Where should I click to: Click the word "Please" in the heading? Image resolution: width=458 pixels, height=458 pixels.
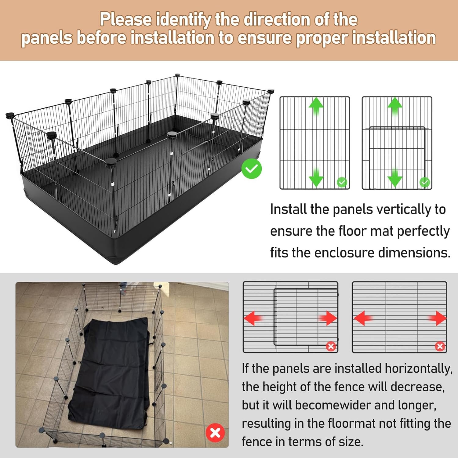coord(126,19)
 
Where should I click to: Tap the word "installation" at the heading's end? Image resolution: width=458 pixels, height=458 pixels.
coord(394,38)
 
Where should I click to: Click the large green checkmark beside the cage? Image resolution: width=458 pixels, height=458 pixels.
coord(252,169)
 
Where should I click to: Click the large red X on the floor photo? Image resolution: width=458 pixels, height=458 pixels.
coord(215,433)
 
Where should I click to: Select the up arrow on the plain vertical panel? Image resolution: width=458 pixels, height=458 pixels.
coord(316,106)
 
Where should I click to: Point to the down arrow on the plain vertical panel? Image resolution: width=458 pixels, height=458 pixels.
coord(316,177)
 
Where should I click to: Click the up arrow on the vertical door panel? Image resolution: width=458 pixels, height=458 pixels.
coord(395,106)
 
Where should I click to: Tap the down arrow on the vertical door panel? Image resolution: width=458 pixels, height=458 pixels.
coord(395,177)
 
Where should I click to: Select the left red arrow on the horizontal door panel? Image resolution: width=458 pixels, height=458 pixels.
coord(253,318)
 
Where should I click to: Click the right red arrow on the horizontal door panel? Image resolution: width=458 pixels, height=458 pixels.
coord(328,318)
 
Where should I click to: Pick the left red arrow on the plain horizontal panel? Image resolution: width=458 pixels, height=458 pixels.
coord(363,318)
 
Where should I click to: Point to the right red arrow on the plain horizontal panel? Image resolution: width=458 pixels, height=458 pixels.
coord(437,318)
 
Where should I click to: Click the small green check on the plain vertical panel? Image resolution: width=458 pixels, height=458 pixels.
coord(342,182)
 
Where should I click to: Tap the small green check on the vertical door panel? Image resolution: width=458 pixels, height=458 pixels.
coord(424,182)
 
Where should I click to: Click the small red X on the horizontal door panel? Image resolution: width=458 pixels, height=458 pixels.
coord(331,346)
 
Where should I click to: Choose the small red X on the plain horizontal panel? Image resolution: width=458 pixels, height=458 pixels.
coord(440,346)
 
